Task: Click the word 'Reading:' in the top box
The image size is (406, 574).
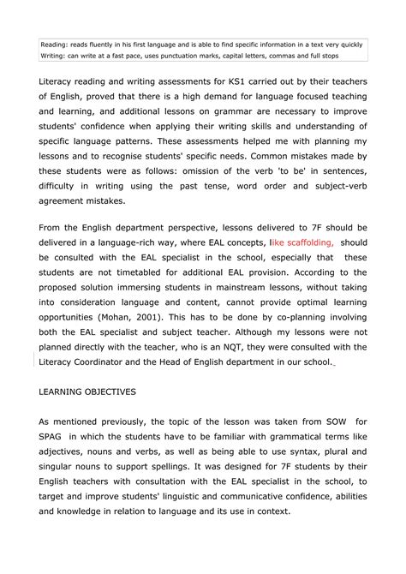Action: [56, 44]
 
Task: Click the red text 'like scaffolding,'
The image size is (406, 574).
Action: [302, 242]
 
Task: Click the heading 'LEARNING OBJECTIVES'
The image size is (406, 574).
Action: [94, 392]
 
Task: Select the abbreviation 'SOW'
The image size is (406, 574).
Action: [329, 422]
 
